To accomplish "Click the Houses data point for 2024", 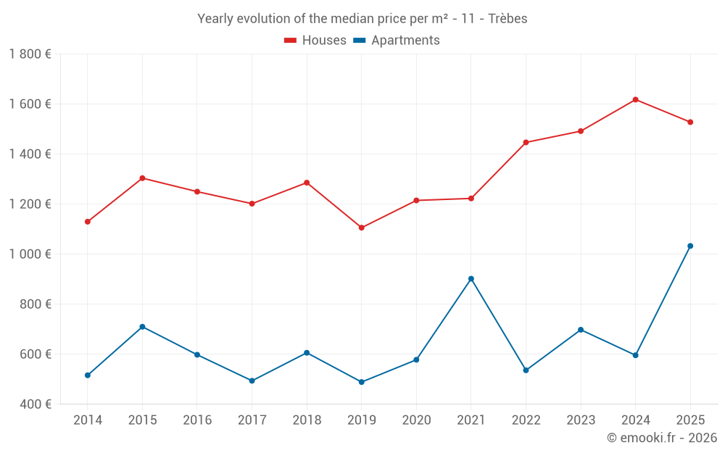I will coord(635,99).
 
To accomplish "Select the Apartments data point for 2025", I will coord(690,246).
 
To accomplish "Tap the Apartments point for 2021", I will coord(471,278).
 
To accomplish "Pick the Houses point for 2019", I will coord(362,228).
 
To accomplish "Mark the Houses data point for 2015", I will coord(142,178).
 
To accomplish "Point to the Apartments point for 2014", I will coord(88,375).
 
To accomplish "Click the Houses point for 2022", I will coord(526,142).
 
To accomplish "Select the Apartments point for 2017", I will coord(252,381).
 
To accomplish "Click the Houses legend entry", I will coord(315,41).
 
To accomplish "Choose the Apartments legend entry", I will coord(397,41).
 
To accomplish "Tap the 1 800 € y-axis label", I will coord(30,54).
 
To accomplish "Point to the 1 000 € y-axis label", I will coord(30,254).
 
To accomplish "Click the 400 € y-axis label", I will coord(34,404).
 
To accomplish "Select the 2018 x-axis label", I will coord(307,420).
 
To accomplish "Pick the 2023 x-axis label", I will coord(581,420).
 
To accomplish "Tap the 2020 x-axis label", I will coord(416,420).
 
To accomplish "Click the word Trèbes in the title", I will coord(507,18).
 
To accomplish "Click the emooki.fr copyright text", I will coord(662,438).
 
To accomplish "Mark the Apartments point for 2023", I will coord(581,330).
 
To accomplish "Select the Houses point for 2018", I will coord(307,183).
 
